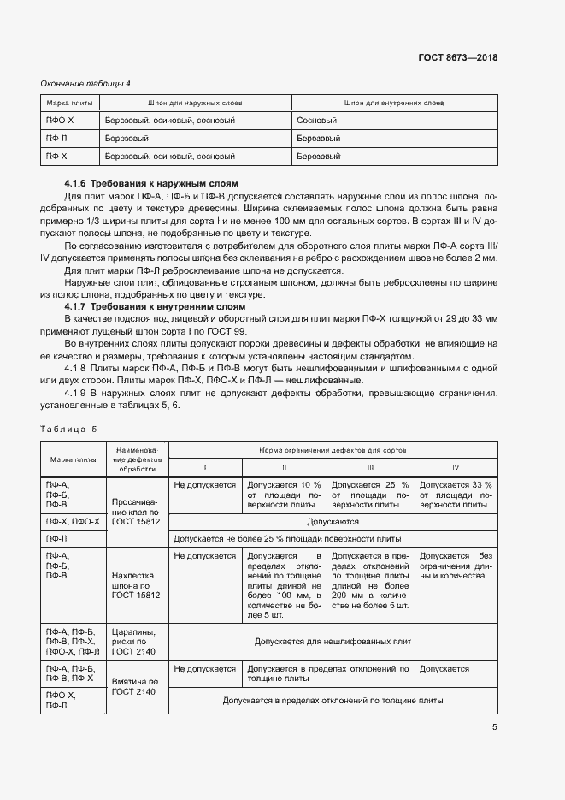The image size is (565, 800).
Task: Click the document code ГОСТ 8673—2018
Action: pyautogui.click(x=458, y=58)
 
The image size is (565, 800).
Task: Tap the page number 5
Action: pyautogui.click(x=495, y=727)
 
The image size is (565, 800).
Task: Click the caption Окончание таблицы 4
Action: pyautogui.click(x=85, y=83)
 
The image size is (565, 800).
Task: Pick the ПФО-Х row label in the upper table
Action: pyautogui.click(x=60, y=121)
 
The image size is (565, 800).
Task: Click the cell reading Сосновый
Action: pyautogui.click(x=318, y=121)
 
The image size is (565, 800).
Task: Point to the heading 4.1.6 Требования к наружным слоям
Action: pyautogui.click(x=151, y=184)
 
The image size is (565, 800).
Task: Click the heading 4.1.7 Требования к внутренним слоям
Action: pyautogui.click(x=155, y=306)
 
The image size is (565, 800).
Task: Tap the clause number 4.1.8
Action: pyautogui.click(x=79, y=369)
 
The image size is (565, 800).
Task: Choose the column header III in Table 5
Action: pyautogui.click(x=370, y=467)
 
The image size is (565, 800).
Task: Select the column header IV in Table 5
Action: pyautogui.click(x=456, y=467)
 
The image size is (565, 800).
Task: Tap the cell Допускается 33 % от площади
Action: pyautogui.click(x=456, y=495)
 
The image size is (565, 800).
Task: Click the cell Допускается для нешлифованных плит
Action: pyautogui.click(x=333, y=640)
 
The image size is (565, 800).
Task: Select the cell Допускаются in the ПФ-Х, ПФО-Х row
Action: pyautogui.click(x=333, y=520)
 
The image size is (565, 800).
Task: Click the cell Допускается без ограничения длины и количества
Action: pyautogui.click(x=456, y=566)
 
